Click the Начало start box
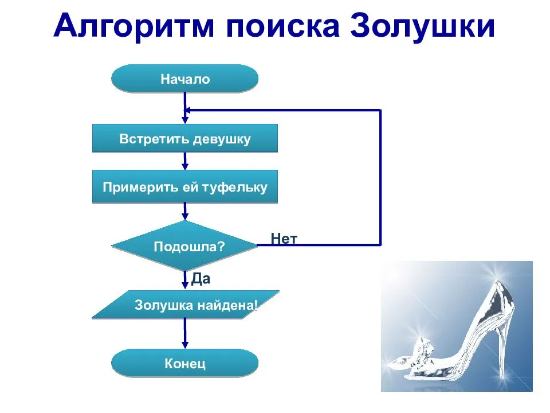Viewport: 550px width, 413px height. pyautogui.click(x=184, y=79)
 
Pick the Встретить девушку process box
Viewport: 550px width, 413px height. pyautogui.click(x=184, y=139)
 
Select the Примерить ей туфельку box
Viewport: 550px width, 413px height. pyautogui.click(x=184, y=187)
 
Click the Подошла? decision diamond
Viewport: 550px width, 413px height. pyautogui.click(x=184, y=246)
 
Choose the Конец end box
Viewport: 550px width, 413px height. pyautogui.click(x=184, y=363)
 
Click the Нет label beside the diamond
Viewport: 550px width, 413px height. pyautogui.click(x=284, y=239)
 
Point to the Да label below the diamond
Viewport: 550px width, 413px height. pyautogui.click(x=201, y=279)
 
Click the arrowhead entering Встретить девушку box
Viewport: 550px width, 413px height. pyautogui.click(x=184, y=120)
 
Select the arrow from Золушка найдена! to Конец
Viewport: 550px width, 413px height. pyautogui.click(x=184, y=334)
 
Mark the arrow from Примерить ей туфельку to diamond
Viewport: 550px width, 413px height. pyautogui.click(x=184, y=212)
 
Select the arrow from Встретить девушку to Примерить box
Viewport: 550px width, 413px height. pyautogui.click(x=184, y=161)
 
